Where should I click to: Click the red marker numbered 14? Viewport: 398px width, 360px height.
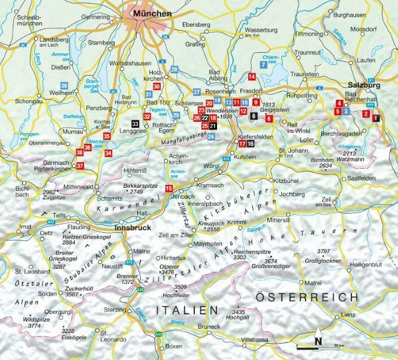click(252, 76)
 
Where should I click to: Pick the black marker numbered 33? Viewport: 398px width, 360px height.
click(135, 124)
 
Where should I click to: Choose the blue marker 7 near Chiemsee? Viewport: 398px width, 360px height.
click(263, 64)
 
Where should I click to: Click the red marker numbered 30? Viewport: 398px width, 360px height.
click(156, 86)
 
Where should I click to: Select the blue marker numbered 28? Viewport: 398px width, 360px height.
click(174, 70)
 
